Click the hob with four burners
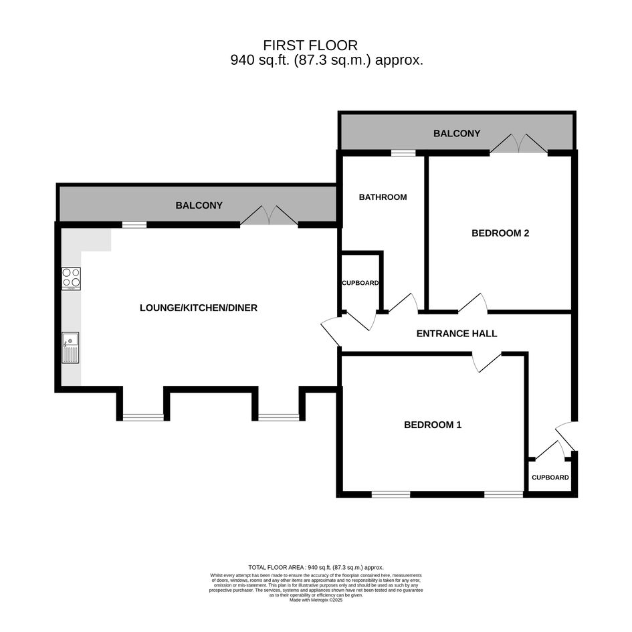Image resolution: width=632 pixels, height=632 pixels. point(71,278)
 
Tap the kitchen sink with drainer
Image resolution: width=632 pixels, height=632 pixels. point(70,348)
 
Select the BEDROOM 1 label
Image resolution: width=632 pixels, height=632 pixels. point(433,425)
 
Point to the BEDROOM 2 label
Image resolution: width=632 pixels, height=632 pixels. point(500,233)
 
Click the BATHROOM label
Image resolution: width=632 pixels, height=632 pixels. point(383,197)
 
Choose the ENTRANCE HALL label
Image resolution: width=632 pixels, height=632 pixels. point(457,334)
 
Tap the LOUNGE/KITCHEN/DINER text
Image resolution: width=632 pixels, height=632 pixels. point(199,308)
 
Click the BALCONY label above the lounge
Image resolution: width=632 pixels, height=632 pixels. point(199,205)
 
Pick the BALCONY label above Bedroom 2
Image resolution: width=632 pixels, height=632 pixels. point(457,133)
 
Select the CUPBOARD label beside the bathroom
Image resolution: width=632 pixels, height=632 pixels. point(360,283)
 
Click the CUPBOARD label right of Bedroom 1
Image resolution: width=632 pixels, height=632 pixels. point(550,478)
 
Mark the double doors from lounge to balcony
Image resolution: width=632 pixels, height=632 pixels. point(270,215)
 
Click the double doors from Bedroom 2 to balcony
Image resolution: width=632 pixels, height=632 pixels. point(519,144)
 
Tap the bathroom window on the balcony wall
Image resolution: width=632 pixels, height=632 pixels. point(403,152)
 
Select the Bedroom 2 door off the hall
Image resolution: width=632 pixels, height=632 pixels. point(473,303)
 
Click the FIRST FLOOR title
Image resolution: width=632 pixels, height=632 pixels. point(310,45)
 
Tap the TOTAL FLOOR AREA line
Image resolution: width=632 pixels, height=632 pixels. point(316,568)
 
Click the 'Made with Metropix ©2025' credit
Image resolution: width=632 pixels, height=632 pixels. point(316,600)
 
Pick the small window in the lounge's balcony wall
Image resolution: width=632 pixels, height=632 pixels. point(134,225)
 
